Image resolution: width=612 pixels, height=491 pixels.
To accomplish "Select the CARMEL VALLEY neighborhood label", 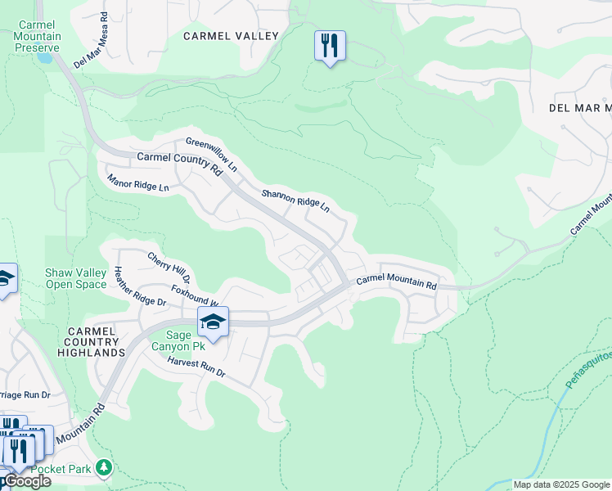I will coord(231,36).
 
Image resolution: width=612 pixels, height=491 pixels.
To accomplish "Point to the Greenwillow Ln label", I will coord(211,154).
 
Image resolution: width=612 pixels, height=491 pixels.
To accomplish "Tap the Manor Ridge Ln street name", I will coord(137,182).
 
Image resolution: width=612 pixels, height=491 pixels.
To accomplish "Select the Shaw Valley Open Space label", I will coord(75,278).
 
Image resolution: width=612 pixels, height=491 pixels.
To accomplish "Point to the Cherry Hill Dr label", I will coord(169,268).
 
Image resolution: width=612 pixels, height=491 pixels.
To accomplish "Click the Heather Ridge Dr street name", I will coord(140,287).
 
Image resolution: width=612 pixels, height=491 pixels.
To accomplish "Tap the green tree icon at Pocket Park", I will coord(104,467).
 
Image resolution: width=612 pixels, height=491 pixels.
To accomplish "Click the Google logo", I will coord(27,481).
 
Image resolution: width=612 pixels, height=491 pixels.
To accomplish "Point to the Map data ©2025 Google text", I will coord(560,484).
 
